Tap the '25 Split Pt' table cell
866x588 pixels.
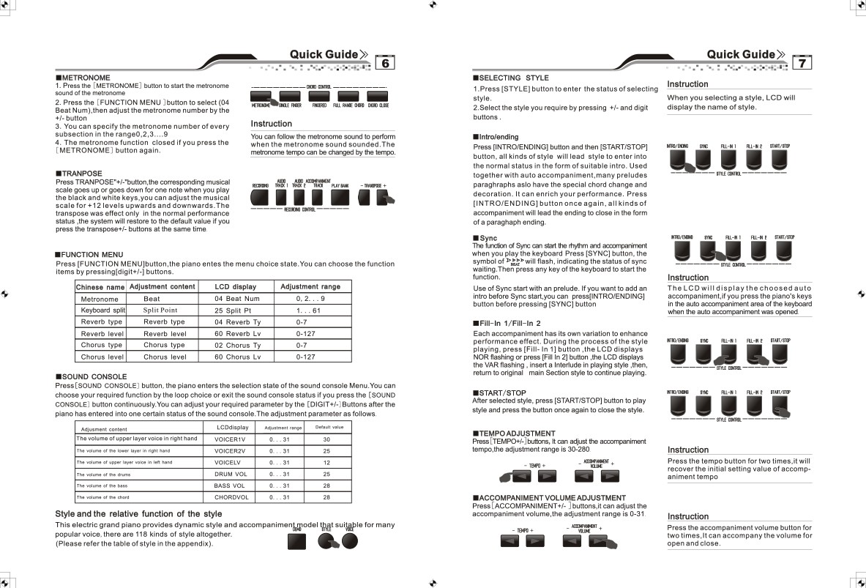(233, 310)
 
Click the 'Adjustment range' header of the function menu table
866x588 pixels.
(310, 287)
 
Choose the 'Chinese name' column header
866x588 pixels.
(100, 287)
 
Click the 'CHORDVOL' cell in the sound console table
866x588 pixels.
(231, 497)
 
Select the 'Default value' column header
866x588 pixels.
(329, 427)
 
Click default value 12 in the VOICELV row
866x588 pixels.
(326, 462)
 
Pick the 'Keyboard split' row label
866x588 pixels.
(103, 310)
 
